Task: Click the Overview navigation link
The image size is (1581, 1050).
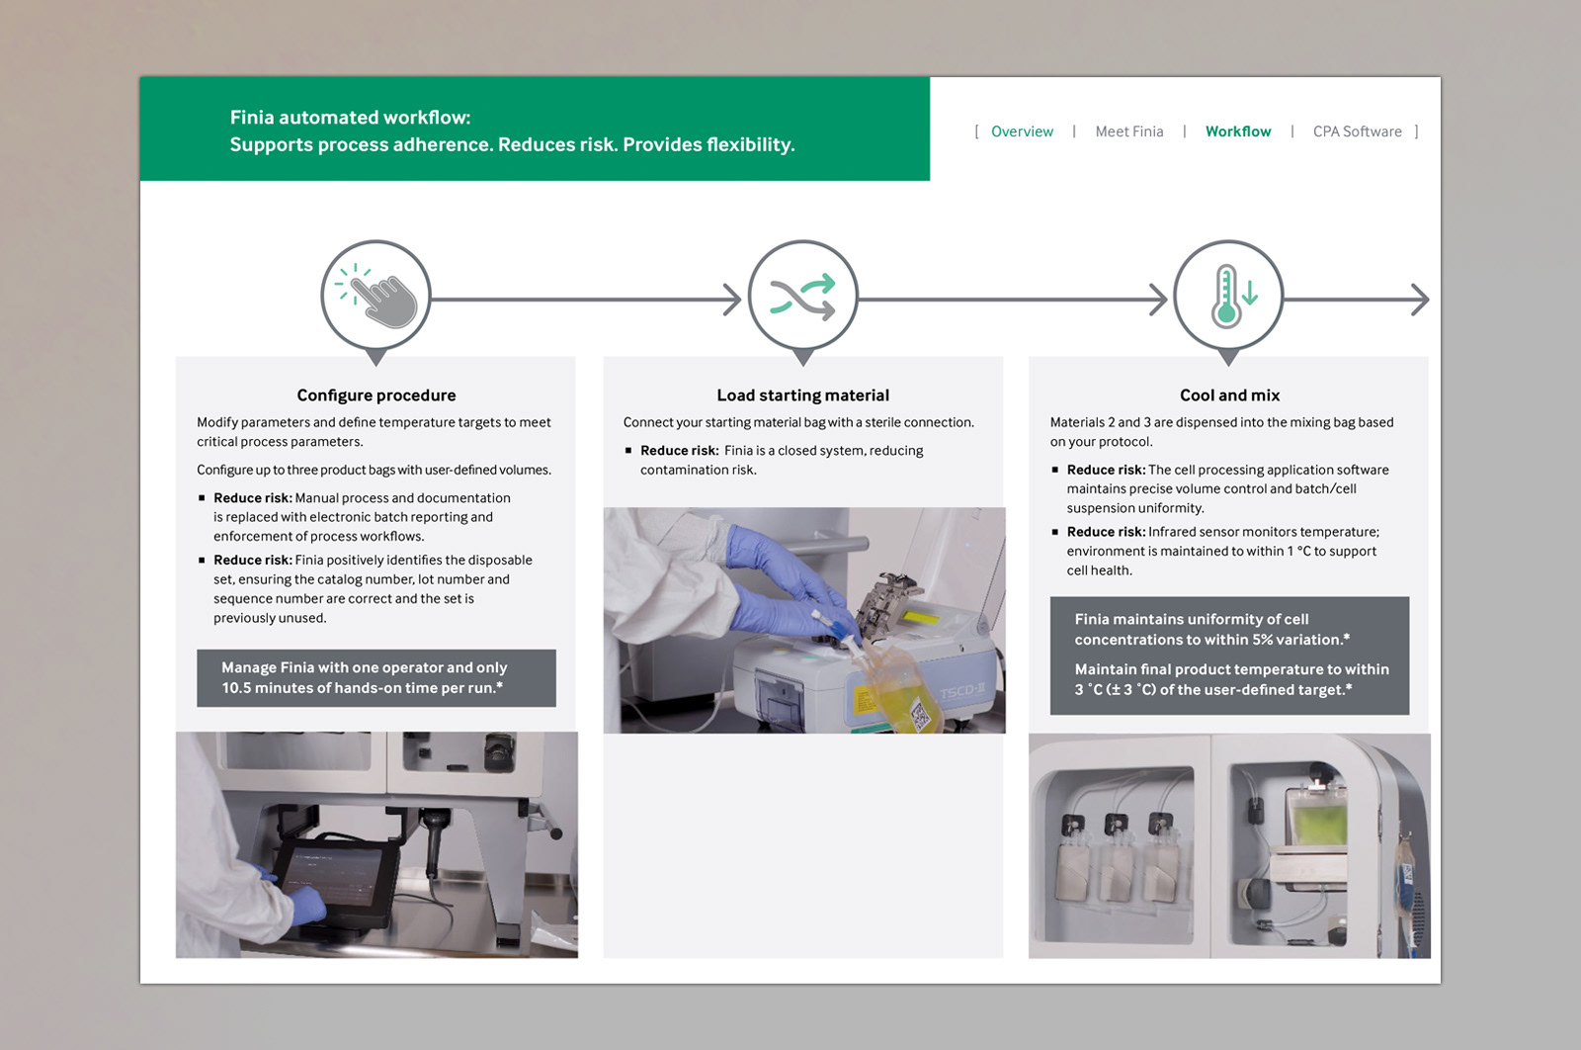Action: [1022, 131]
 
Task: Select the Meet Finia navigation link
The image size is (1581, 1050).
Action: [1128, 131]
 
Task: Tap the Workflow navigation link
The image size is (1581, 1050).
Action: [1238, 131]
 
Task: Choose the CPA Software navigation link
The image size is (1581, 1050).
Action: [1357, 131]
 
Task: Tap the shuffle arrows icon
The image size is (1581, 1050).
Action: [803, 296]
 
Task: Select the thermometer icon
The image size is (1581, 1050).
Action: [1228, 296]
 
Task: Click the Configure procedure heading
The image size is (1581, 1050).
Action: [376, 395]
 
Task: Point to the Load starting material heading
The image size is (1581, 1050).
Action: [802, 395]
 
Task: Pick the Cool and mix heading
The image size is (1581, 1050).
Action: [1229, 395]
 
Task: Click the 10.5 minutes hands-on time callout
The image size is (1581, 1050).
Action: [376, 678]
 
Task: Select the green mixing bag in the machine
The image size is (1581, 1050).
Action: [1317, 818]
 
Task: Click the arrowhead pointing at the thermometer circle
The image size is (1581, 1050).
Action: [1159, 300]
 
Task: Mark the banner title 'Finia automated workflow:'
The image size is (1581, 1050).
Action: [350, 118]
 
